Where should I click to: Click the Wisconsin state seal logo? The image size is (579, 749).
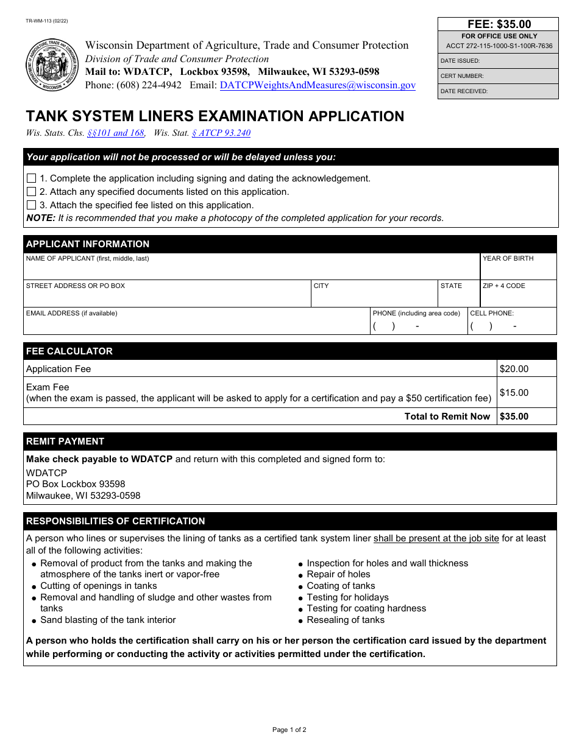(x=52, y=65)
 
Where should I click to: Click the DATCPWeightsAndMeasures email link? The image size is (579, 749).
(x=318, y=86)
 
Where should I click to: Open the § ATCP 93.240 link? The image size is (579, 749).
(x=221, y=133)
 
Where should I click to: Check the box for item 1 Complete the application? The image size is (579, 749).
(x=32, y=178)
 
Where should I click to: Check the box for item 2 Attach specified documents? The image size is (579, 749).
(x=32, y=192)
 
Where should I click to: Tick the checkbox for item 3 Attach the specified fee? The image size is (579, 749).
(x=32, y=205)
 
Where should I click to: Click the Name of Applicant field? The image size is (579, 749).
(x=251, y=270)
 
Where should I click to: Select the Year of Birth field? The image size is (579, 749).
(x=518, y=270)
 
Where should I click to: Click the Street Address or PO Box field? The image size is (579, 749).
(x=167, y=297)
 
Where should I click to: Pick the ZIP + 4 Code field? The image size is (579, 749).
(x=518, y=297)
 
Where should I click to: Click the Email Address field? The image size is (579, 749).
(x=196, y=325)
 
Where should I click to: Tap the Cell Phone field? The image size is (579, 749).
(x=512, y=326)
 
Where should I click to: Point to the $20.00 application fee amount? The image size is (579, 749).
(x=514, y=369)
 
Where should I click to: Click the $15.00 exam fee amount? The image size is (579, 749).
(x=514, y=393)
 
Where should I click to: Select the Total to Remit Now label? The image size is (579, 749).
(x=447, y=417)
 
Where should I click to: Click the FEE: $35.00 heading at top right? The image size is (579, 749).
(x=499, y=24)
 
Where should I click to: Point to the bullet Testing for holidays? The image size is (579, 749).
(x=347, y=597)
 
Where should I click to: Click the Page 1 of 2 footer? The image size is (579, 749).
(x=289, y=730)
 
